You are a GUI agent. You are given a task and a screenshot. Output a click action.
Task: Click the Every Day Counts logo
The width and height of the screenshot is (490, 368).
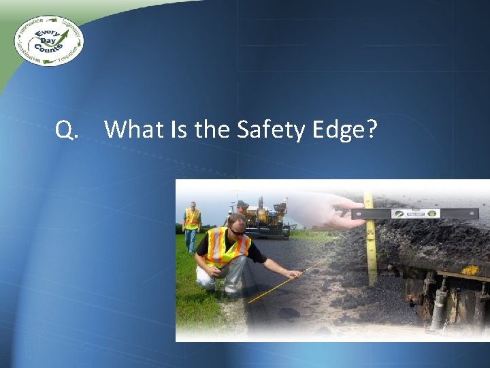click(48, 40)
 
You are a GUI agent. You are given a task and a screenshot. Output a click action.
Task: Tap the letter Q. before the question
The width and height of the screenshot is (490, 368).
click(66, 129)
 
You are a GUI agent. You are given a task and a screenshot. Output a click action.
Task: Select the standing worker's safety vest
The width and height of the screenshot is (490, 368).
click(193, 218)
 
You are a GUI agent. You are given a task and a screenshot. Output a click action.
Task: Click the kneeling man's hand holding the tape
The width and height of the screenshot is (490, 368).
click(294, 275)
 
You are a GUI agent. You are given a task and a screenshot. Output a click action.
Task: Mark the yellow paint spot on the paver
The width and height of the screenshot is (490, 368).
click(470, 271)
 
